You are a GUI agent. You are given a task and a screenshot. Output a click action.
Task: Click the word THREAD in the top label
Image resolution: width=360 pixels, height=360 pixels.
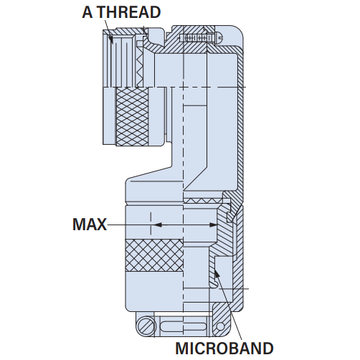(129, 12)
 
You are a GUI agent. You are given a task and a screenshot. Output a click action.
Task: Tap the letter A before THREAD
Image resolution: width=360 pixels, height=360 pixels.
(87, 12)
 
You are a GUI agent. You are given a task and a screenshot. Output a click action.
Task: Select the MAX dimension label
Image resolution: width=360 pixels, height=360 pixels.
(90, 224)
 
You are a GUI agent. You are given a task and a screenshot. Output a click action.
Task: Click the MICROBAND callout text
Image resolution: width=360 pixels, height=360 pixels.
(224, 349)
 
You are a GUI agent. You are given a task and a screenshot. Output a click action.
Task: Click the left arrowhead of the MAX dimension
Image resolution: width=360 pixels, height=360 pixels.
(158, 225)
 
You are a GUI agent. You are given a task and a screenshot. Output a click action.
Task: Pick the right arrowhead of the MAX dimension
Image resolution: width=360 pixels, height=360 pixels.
(213, 225)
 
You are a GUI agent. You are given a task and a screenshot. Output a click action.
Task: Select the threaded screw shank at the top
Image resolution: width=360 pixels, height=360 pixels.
(196, 38)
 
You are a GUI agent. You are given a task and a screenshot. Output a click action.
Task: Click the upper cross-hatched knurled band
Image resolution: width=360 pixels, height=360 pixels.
(132, 116)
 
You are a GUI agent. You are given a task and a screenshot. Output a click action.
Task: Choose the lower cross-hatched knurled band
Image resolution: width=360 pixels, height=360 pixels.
(154, 255)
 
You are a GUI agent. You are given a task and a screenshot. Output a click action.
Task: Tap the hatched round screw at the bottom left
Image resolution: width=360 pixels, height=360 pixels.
(146, 325)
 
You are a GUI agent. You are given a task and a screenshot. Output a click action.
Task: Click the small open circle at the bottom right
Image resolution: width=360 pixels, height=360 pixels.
(220, 326)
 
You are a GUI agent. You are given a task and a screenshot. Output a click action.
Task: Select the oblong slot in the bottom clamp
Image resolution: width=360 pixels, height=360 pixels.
(184, 326)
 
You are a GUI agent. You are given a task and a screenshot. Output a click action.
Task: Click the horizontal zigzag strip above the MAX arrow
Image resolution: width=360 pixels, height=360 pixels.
(203, 200)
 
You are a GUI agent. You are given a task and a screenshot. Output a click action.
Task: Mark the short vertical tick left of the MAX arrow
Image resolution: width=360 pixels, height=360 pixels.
(151, 223)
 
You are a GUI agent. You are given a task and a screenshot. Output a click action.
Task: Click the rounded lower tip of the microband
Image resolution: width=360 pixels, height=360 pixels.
(214, 285)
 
